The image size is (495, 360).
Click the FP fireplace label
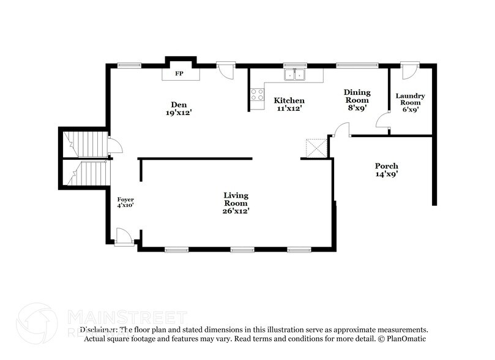[x=179, y=73]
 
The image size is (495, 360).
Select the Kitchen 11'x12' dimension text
[x=289, y=108]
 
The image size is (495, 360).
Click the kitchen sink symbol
[x=296, y=75]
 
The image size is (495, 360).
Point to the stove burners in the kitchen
[x=256, y=95]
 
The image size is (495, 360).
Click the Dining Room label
[x=357, y=96]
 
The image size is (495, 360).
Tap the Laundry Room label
[x=410, y=100]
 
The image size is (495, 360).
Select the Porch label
[x=386, y=166]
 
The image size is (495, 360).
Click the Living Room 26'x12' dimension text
[x=236, y=211]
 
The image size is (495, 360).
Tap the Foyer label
[x=125, y=200]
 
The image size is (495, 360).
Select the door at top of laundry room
[x=408, y=69]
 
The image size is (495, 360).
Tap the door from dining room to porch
[x=340, y=130]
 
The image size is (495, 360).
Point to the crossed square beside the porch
[x=316, y=148]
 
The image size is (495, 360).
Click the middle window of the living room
[x=242, y=249]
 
